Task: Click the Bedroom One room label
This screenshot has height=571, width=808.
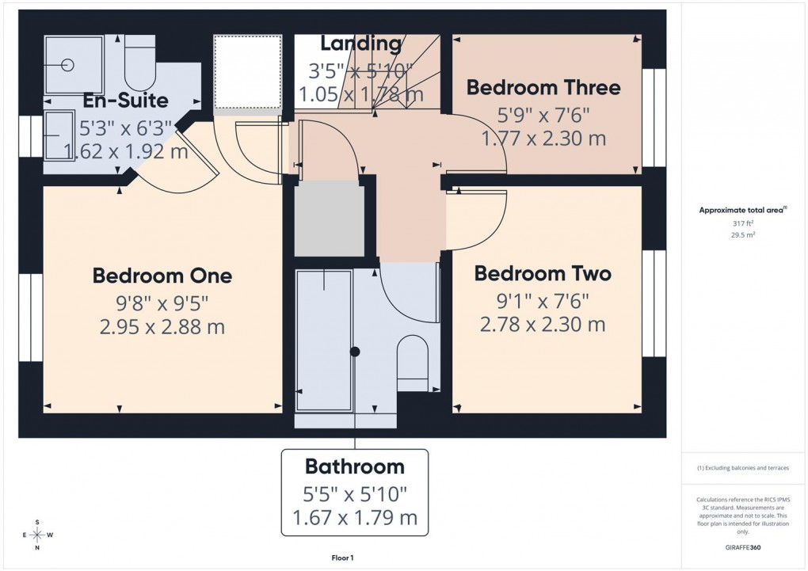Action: coord(162,276)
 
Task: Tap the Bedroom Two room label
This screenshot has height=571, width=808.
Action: coord(542,273)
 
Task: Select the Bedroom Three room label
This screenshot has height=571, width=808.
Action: coord(543,87)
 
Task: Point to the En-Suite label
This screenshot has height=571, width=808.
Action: coord(125,101)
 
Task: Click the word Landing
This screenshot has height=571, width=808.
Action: coord(360,44)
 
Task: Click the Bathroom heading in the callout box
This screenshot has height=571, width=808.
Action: coord(354,466)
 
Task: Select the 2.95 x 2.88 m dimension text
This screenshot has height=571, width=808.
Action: coord(162,325)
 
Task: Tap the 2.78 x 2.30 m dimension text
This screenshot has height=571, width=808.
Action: coord(542,324)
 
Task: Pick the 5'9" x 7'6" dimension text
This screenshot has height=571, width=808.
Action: coord(543,114)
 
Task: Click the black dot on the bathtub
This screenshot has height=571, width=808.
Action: coord(355,351)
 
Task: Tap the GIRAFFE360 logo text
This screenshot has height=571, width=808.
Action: coord(742,547)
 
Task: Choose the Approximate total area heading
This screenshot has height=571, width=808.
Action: coord(741,210)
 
